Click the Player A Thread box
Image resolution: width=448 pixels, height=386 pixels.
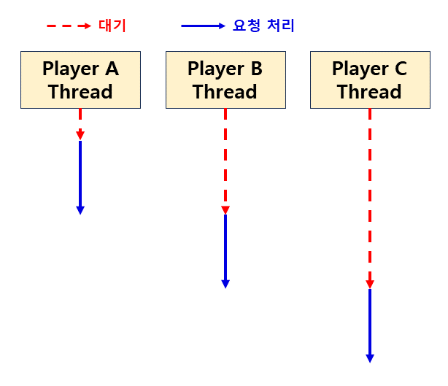(80, 80)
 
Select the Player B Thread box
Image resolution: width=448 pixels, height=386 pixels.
(225, 80)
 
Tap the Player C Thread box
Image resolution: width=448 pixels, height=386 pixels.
(369, 80)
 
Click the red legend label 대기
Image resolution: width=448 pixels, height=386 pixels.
(112, 26)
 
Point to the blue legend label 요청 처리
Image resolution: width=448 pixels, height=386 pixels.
(263, 26)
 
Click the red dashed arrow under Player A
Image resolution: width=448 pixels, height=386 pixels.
(80, 123)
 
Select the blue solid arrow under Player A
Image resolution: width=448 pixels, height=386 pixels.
(80, 175)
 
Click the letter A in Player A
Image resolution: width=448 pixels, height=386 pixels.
(112, 69)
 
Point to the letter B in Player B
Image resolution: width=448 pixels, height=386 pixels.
(256, 69)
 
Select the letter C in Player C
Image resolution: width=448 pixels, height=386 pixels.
(401, 69)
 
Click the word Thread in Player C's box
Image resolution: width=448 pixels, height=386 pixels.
(369, 92)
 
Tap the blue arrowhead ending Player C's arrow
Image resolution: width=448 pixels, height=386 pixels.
(370, 358)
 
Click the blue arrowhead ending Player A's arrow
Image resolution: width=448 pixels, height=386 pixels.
(80, 210)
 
